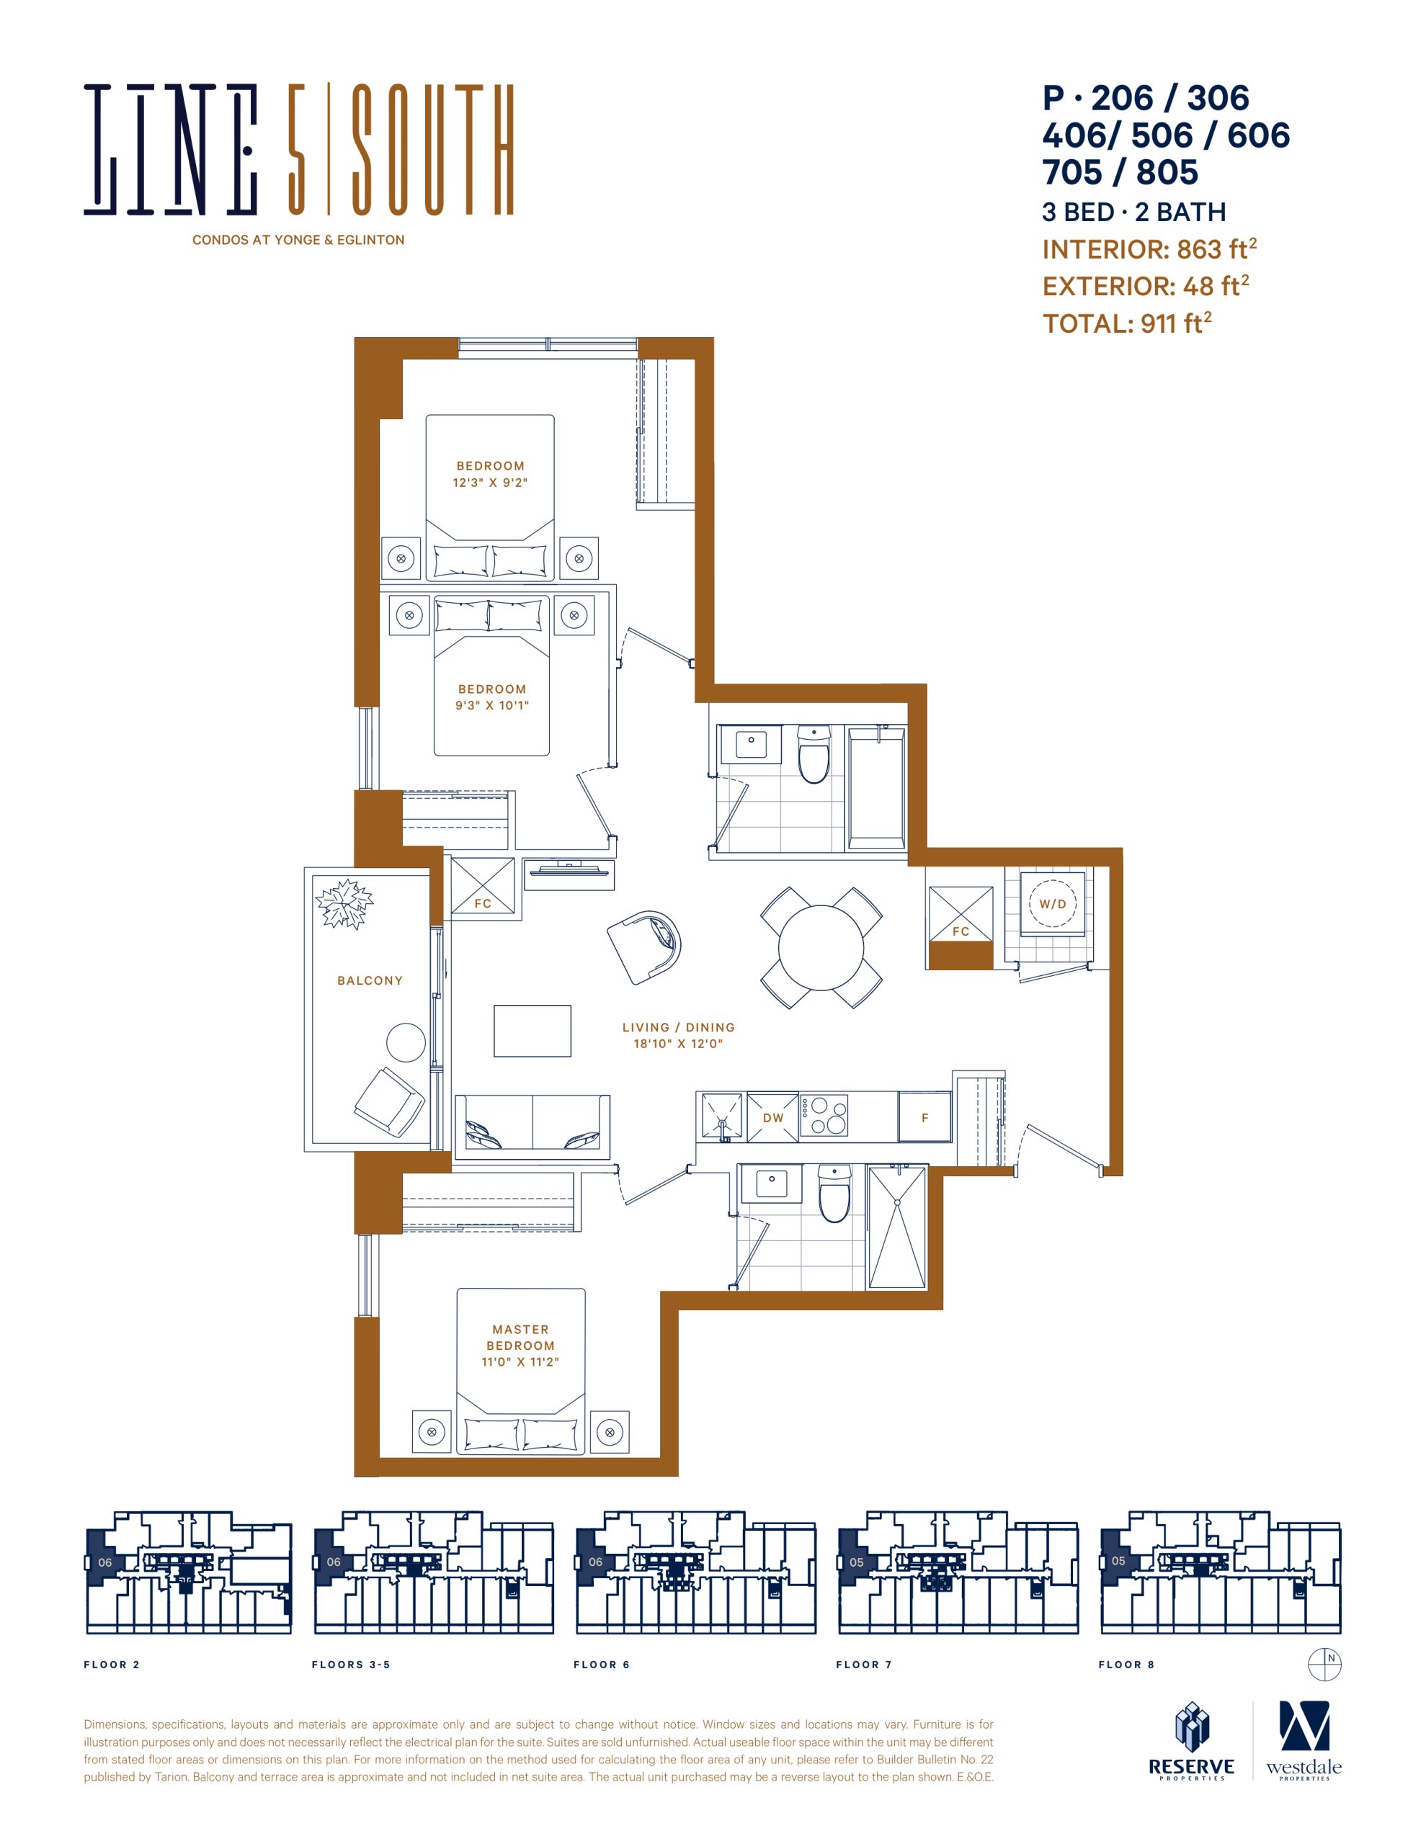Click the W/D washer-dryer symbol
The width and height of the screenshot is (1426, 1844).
(1052, 903)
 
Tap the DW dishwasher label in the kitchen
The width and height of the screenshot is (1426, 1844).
(773, 1118)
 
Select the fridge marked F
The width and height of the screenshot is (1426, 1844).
(924, 1117)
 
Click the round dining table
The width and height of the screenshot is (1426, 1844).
(821, 947)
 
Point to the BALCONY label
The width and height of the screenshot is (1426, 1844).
(370, 980)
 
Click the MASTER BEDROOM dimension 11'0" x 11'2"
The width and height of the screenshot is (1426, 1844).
(520, 1361)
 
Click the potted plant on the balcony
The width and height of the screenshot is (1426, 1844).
(344, 904)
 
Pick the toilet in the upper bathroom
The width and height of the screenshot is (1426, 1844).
(814, 755)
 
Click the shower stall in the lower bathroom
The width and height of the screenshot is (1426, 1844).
(897, 1227)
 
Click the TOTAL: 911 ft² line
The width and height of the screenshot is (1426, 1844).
(1127, 323)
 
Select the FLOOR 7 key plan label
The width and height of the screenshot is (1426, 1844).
(863, 1664)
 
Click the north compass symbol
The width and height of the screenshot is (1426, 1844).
(1324, 1664)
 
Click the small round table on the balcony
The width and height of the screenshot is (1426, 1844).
(406, 1043)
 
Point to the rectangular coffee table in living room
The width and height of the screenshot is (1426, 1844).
(532, 1031)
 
